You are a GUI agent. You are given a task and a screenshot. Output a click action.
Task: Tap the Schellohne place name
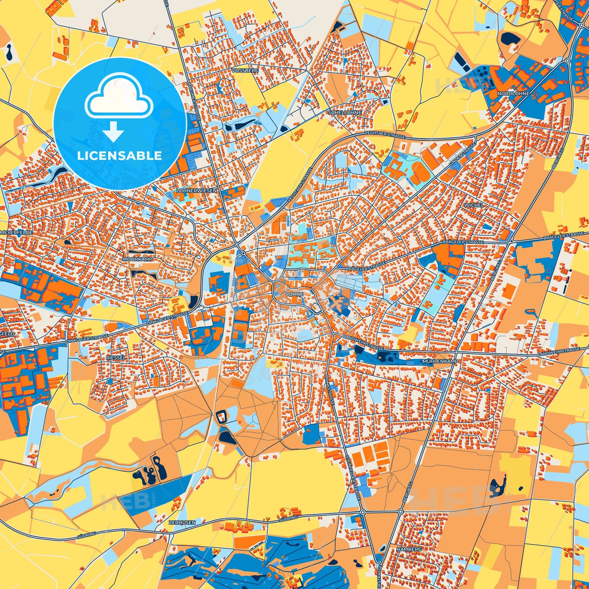(x=345, y=113)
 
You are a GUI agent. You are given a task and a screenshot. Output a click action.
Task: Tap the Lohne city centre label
(x=294, y=294)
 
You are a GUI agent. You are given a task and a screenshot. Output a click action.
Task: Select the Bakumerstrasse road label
(x=194, y=99)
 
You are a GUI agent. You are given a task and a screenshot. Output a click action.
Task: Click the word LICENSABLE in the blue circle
(x=120, y=156)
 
